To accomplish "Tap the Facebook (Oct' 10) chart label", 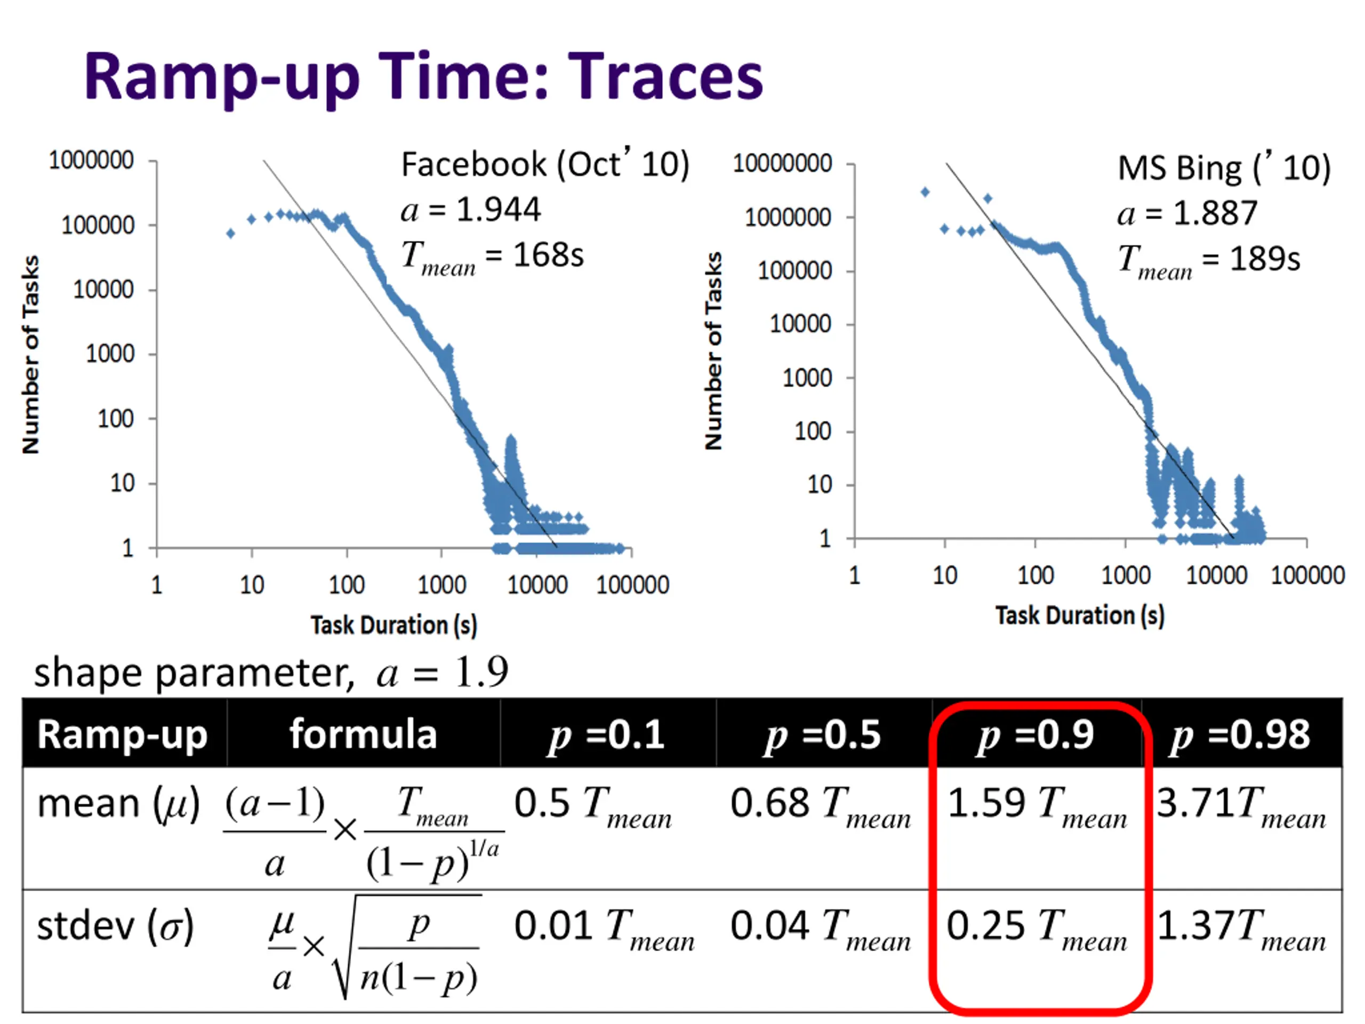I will tap(545, 165).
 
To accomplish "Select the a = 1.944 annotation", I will tap(471, 210).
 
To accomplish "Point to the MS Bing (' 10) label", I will tap(1224, 168).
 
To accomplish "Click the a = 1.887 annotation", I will tap(1187, 213).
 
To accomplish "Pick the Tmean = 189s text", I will tap(1209, 260).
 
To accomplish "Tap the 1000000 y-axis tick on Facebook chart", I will tap(91, 161).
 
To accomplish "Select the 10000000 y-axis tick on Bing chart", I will tap(782, 164).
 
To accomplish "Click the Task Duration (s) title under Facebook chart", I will tap(394, 625).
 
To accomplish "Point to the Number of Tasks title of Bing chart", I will tap(713, 350).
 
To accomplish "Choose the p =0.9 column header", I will tap(1036, 735).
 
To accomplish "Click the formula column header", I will tap(364, 735).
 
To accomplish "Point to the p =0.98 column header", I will tap(1240, 735).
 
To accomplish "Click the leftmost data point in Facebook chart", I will tap(231, 233).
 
